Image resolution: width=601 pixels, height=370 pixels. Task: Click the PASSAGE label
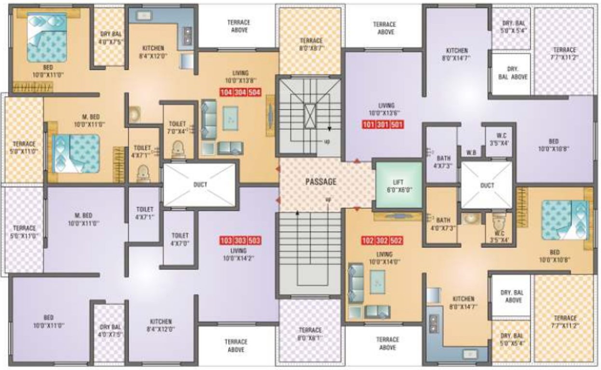tap(321, 182)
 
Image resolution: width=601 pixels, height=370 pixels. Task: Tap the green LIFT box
tap(398, 185)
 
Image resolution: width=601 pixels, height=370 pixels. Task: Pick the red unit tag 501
tap(397, 124)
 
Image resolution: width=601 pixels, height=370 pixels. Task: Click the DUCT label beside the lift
tap(487, 185)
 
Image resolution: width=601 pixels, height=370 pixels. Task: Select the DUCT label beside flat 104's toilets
tap(200, 185)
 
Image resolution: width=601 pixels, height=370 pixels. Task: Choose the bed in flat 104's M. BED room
tap(76, 154)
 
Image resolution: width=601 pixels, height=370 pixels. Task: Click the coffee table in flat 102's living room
tap(377, 282)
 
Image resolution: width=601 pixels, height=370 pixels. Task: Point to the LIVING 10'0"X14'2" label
tap(238, 254)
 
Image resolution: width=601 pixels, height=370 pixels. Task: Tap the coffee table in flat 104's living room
tap(230, 119)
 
